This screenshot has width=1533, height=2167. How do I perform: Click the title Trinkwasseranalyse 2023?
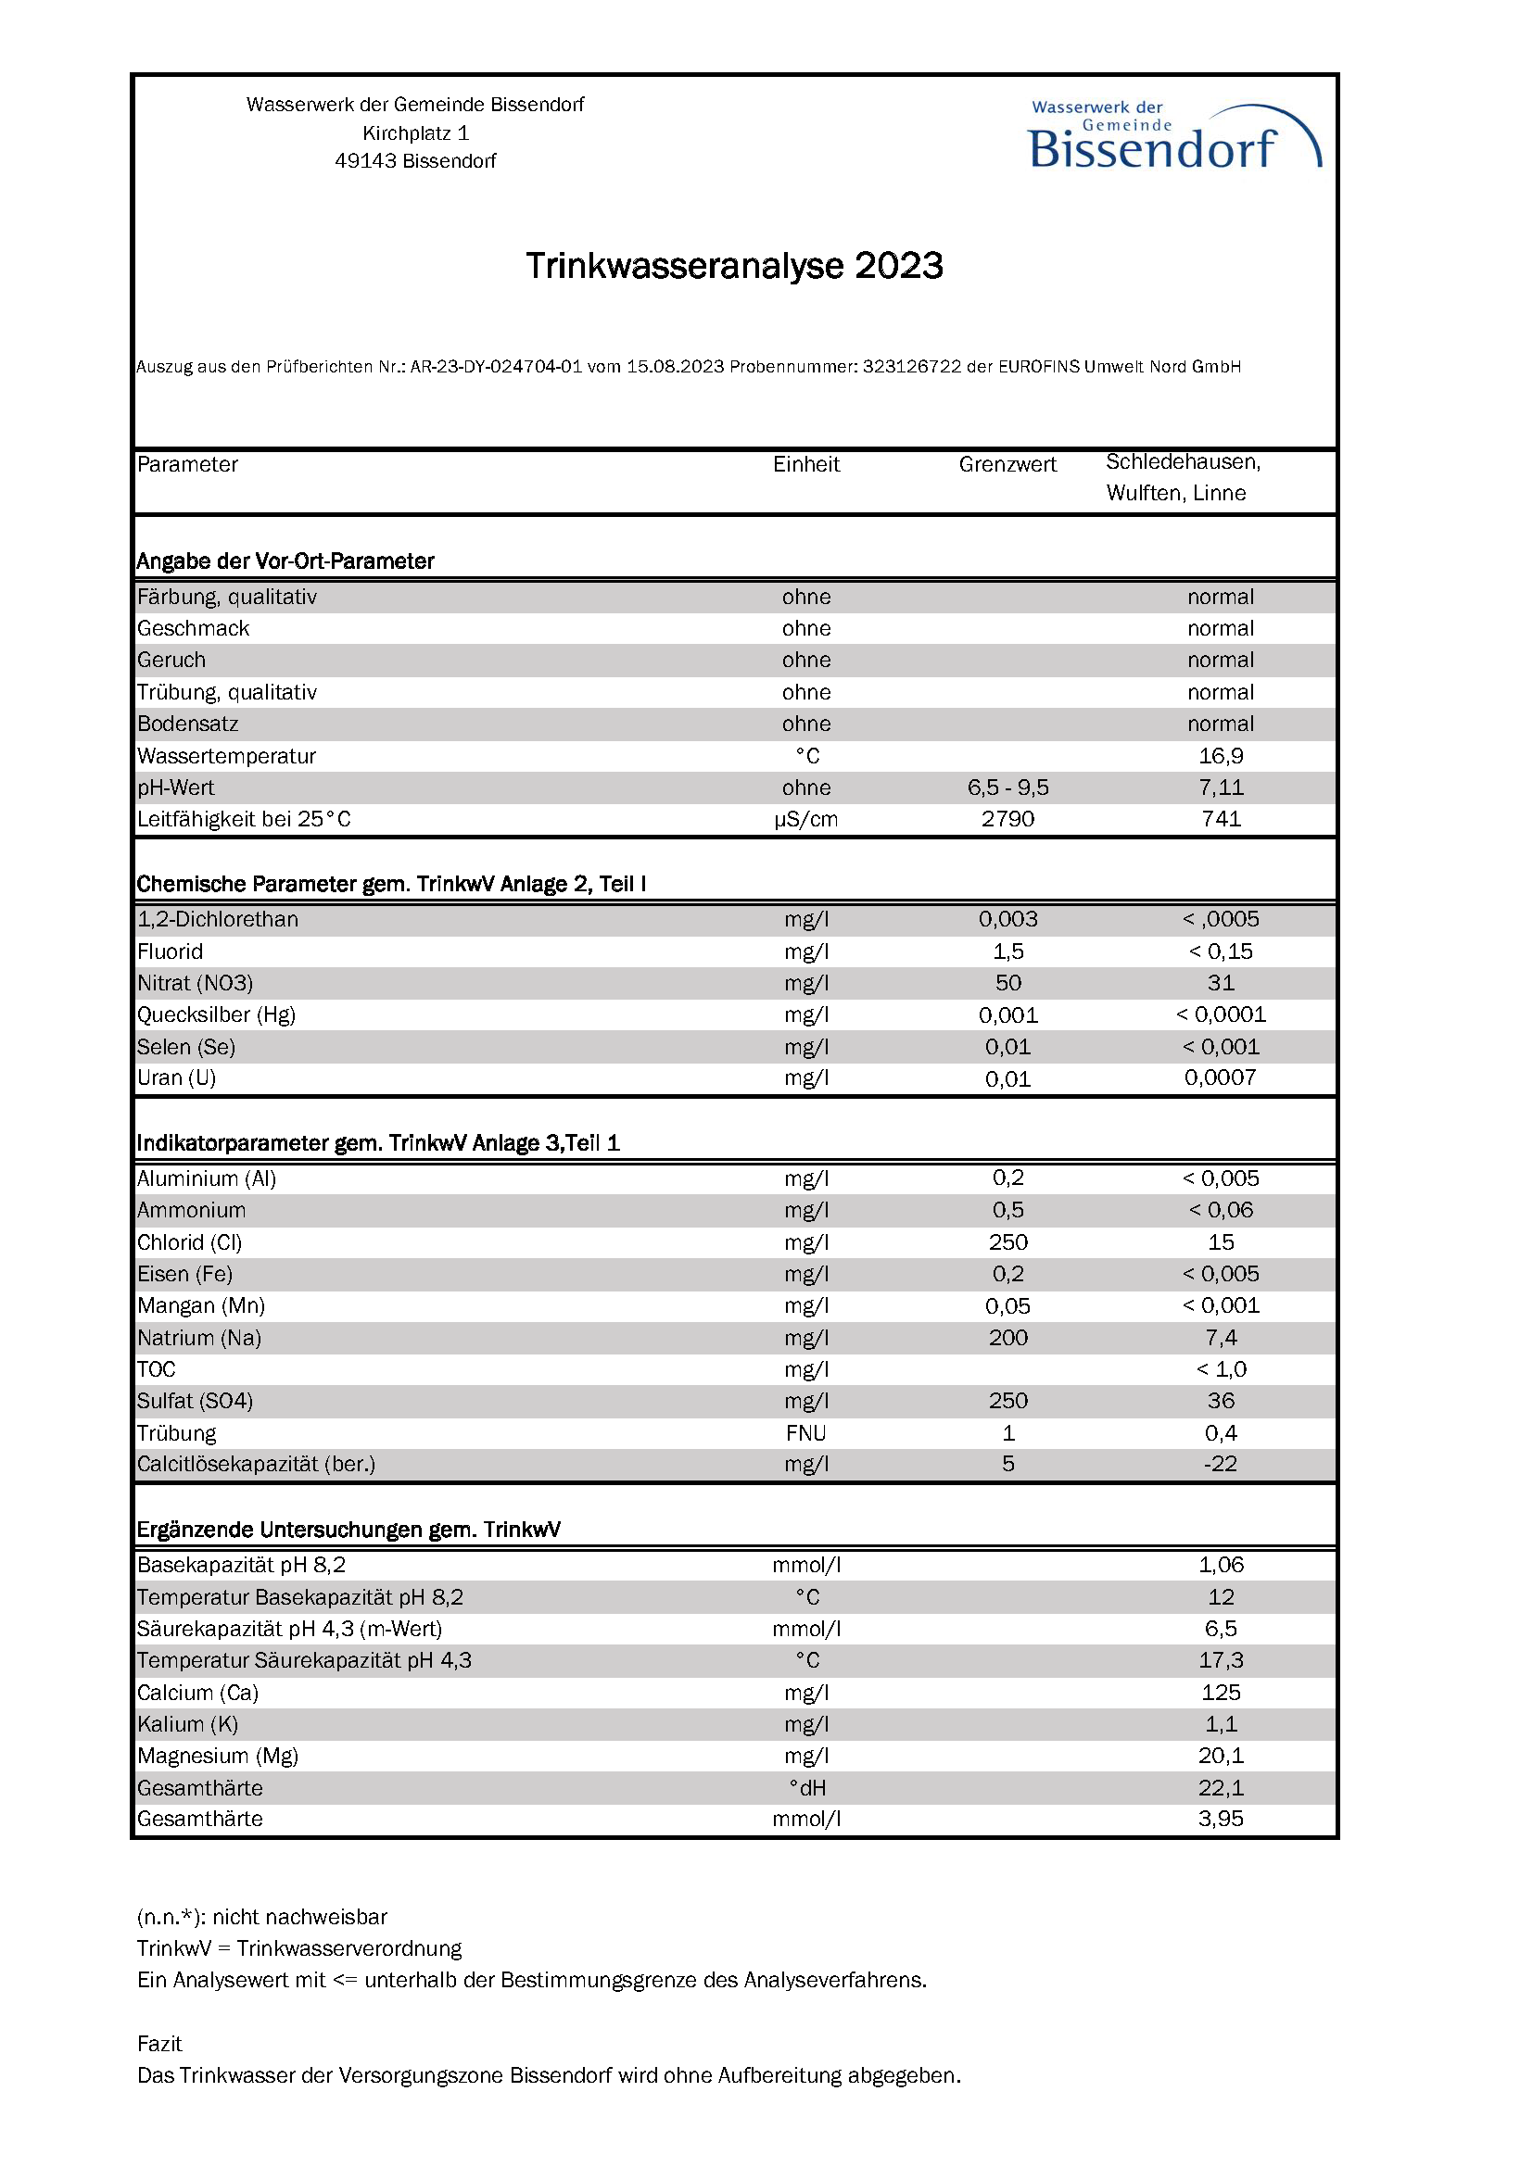(x=733, y=266)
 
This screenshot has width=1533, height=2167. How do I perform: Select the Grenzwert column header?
(x=1007, y=464)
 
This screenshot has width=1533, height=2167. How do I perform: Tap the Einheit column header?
(x=805, y=464)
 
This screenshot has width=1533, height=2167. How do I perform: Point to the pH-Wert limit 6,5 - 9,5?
(x=1007, y=787)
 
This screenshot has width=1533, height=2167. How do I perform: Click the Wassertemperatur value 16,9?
(x=1221, y=756)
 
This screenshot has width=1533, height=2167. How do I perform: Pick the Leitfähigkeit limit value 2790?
(x=1007, y=819)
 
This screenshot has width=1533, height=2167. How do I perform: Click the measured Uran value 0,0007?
(x=1220, y=1077)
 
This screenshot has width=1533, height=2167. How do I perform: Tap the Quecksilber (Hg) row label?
(x=216, y=1014)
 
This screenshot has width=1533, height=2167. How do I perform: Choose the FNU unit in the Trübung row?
(x=805, y=1432)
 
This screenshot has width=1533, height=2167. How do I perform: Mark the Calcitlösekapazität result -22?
(x=1220, y=1464)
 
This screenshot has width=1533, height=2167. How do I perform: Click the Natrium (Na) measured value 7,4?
(x=1221, y=1338)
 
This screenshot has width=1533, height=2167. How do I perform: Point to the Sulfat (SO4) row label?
(x=195, y=1401)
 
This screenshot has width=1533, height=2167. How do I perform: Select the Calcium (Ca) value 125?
(x=1221, y=1693)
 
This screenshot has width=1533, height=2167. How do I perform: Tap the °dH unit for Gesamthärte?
(x=807, y=1787)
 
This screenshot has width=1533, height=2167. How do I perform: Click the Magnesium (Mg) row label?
(x=217, y=1756)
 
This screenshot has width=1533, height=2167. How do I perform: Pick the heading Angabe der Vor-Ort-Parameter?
(x=285, y=561)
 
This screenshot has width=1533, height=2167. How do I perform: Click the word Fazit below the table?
(x=159, y=2044)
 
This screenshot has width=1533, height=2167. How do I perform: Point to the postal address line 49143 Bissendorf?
(x=415, y=161)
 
